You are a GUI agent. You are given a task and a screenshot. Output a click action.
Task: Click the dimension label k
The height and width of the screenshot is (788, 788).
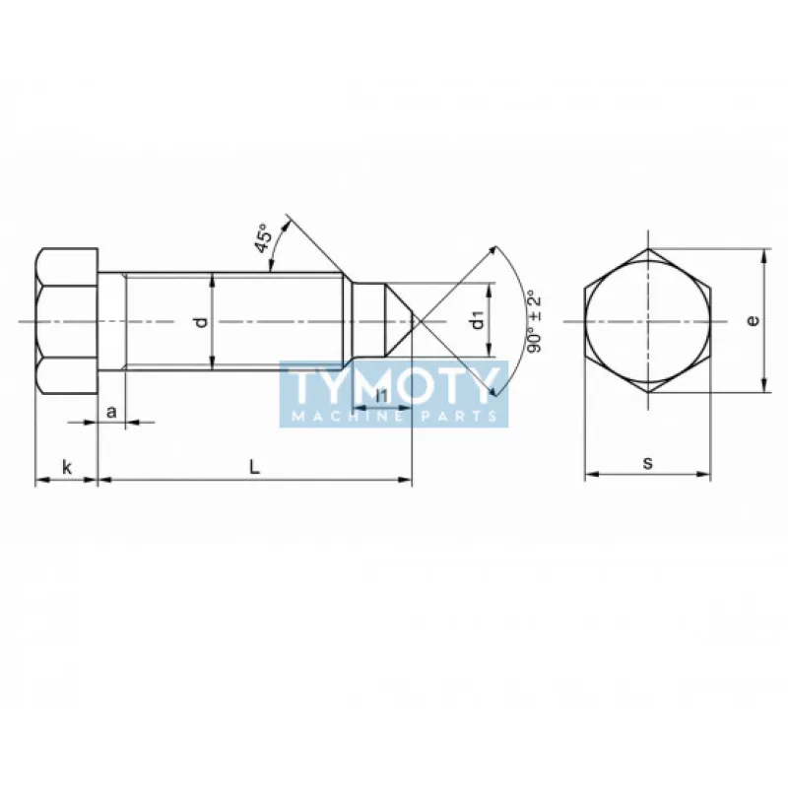[x=67, y=467]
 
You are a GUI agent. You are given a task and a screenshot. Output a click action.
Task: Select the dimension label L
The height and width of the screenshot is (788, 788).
[x=255, y=467]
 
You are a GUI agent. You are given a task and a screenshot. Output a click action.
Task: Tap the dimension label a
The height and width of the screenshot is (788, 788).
[x=111, y=412]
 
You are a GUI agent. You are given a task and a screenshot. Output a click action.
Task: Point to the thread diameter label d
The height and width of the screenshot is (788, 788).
[x=202, y=322]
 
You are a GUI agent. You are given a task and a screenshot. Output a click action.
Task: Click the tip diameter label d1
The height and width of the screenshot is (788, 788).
[x=478, y=320]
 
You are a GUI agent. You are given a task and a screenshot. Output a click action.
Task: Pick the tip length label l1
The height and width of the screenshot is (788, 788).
[x=382, y=396]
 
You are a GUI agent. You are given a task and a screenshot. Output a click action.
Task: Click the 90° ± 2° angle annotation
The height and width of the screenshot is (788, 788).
[x=534, y=322]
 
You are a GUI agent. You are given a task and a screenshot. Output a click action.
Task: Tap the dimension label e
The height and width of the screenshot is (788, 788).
[x=753, y=320]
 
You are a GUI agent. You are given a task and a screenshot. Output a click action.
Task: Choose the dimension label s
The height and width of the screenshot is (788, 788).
[x=648, y=462]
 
